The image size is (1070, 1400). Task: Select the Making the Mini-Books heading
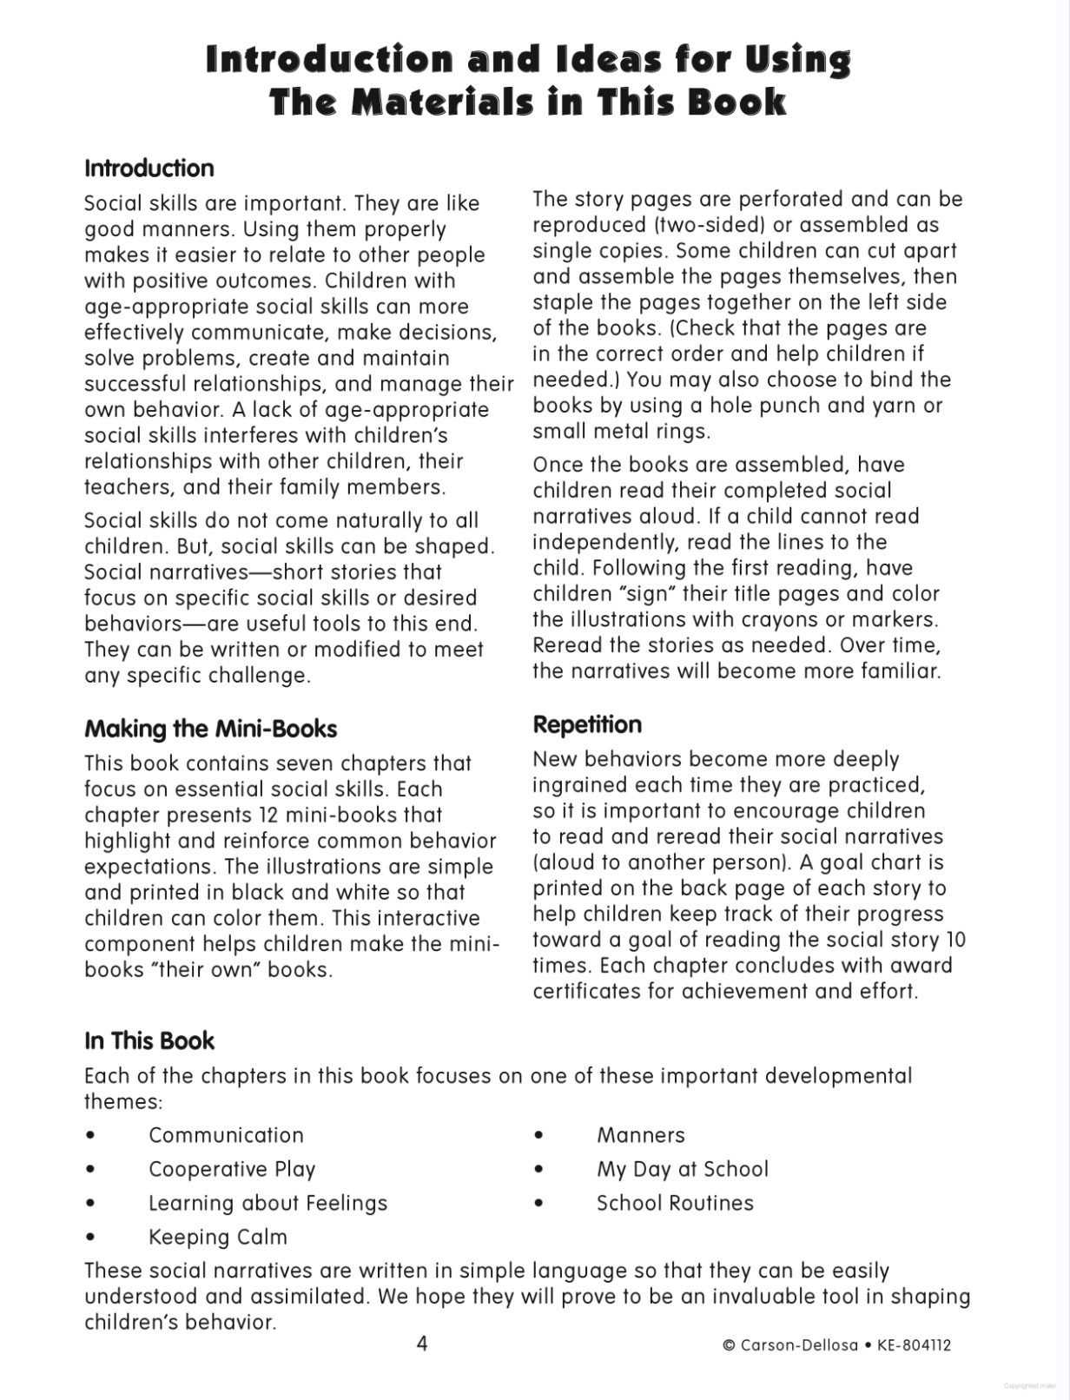[210, 729]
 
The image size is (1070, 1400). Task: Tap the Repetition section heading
[587, 724]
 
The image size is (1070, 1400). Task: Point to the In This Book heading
[149, 1040]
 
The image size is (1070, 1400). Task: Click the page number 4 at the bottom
[422, 1344]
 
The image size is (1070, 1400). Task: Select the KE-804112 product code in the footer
[914, 1345]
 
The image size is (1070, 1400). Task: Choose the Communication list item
[226, 1135]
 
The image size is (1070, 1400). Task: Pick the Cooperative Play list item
[232, 1169]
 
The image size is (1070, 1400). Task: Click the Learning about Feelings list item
[267, 1203]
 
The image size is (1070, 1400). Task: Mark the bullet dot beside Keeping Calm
[90, 1238]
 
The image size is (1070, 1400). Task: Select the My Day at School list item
[682, 1169]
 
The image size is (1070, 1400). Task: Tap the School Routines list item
[675, 1203]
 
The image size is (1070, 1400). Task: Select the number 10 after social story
[955, 940]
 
